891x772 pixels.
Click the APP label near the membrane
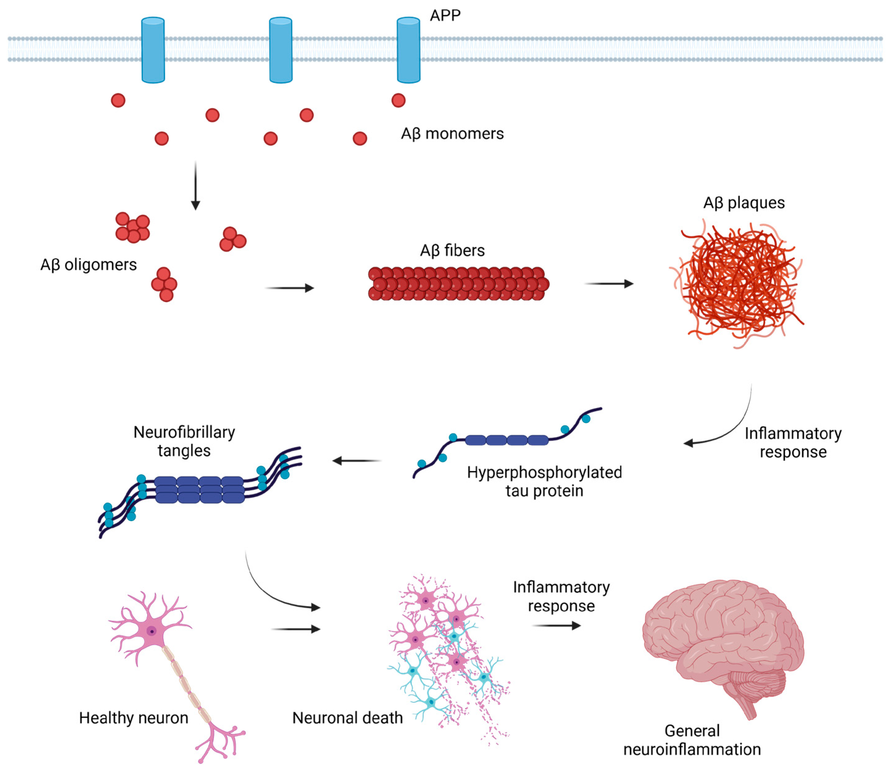click(x=445, y=15)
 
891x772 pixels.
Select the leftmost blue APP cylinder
click(x=153, y=50)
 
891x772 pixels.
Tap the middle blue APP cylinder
click(x=281, y=50)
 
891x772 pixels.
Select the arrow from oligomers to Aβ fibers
click(x=290, y=288)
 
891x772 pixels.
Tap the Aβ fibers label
click(x=452, y=250)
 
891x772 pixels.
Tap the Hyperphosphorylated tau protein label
click(x=544, y=481)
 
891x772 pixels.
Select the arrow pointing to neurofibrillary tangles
click(x=357, y=461)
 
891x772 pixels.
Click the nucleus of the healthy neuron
click(x=151, y=631)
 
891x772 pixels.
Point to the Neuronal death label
click(x=347, y=718)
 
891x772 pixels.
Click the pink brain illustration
click(x=723, y=642)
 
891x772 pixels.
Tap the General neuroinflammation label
click(x=692, y=740)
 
